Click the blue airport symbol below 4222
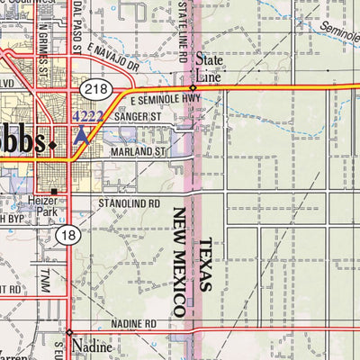(x=84, y=134)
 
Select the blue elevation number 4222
(x=87, y=115)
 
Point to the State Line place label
(x=208, y=71)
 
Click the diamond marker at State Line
(x=193, y=87)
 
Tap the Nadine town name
(x=93, y=346)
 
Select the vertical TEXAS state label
(x=205, y=265)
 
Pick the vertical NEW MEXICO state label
(x=179, y=261)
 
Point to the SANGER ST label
(x=136, y=116)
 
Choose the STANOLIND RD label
(x=129, y=204)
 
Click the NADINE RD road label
(x=136, y=323)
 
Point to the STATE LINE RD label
(x=182, y=31)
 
